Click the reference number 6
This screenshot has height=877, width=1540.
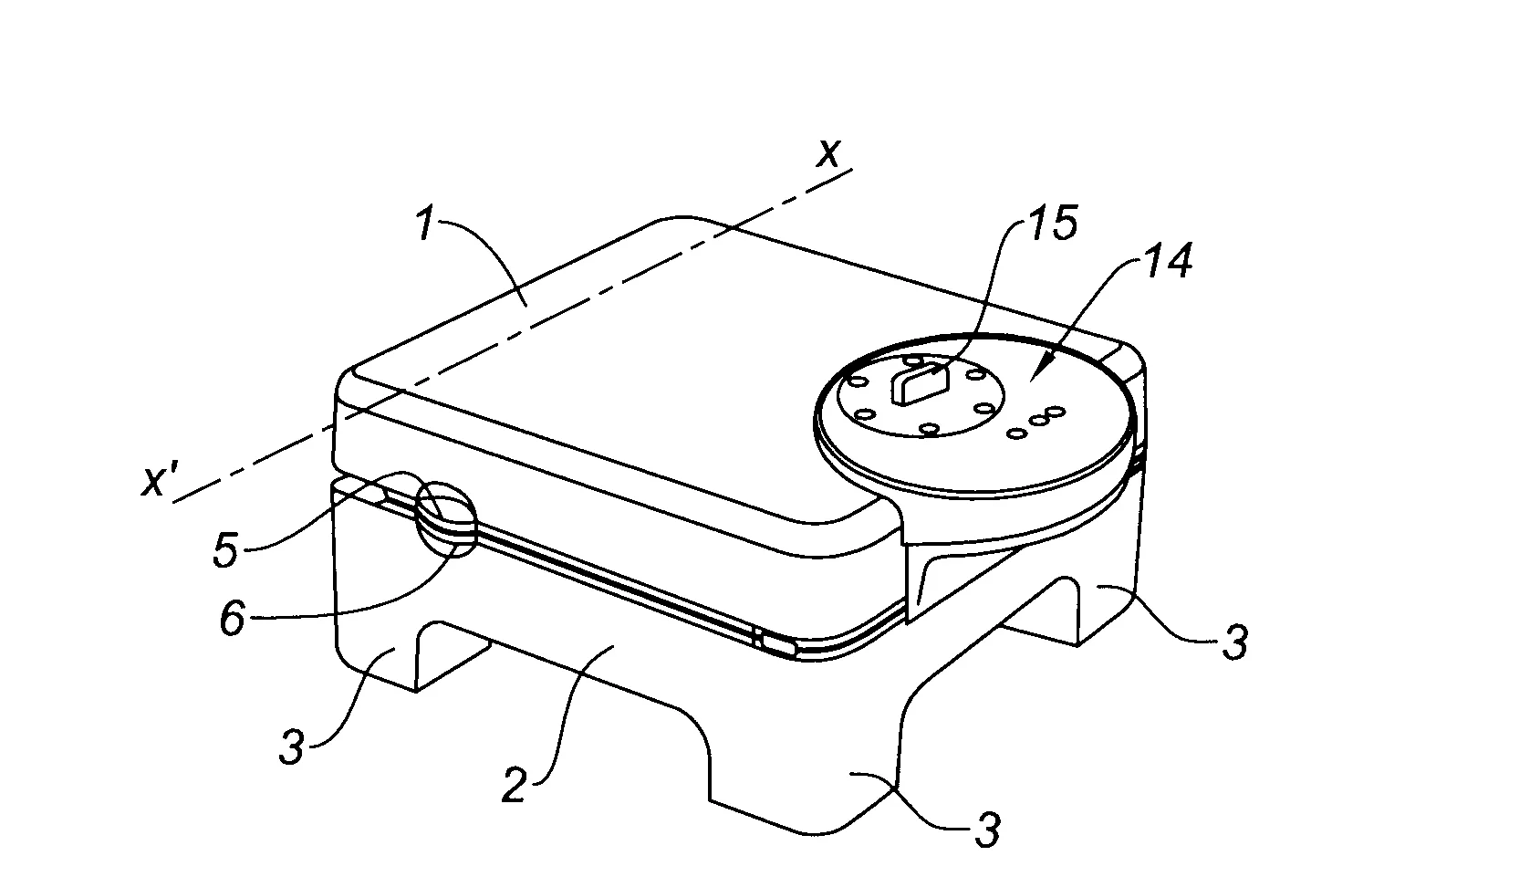tap(233, 618)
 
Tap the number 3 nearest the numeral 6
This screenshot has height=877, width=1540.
tap(292, 746)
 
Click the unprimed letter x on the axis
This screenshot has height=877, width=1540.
tap(827, 154)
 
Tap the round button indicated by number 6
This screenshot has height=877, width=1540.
tap(446, 519)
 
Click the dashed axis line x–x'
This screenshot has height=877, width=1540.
tap(513, 335)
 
